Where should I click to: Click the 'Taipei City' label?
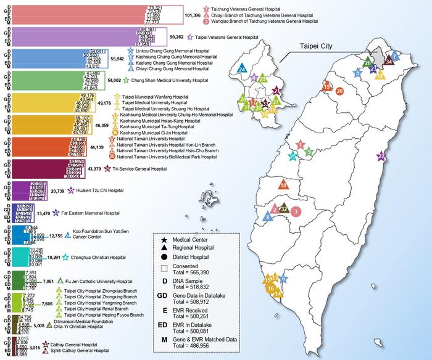pyautogui.click(x=315, y=46)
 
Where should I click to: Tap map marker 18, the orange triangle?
pyautogui.click(x=283, y=185)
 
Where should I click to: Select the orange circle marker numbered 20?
pyautogui.click(x=339, y=91)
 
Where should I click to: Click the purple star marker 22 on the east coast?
pyautogui.click(x=382, y=156)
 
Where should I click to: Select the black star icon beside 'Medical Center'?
pyautogui.click(x=164, y=240)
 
